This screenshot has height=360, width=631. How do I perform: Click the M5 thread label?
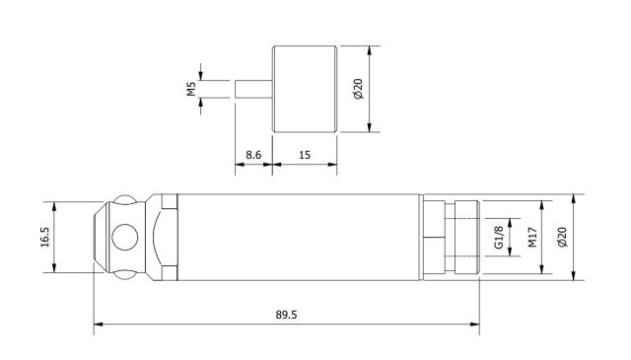pyautogui.click(x=192, y=89)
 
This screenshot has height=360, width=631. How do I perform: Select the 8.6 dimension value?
pyautogui.click(x=252, y=155)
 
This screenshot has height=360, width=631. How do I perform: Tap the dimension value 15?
pyautogui.click(x=305, y=155)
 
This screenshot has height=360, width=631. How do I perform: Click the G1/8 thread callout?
pyautogui.click(x=499, y=238)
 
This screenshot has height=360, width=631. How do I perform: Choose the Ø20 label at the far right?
pyautogui.click(x=562, y=238)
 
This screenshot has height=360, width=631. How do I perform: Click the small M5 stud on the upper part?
pyautogui.click(x=253, y=89)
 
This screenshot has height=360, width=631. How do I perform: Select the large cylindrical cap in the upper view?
pyautogui.click(x=305, y=89)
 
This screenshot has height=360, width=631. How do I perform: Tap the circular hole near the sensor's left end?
pyautogui.click(x=125, y=238)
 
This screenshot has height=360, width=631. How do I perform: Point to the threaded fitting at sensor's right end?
pyautogui.click(x=459, y=238)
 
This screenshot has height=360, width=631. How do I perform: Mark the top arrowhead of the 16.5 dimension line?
pyautogui.click(x=54, y=205)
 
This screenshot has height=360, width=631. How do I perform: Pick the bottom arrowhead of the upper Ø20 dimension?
pyautogui.click(x=370, y=128)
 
